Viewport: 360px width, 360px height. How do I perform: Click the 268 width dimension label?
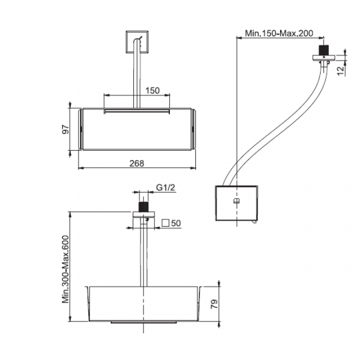click(x=137, y=163)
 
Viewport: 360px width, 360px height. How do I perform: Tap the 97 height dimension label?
click(x=65, y=129)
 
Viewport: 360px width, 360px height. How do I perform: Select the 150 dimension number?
click(x=153, y=91)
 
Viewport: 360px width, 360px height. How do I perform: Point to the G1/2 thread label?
click(x=165, y=187)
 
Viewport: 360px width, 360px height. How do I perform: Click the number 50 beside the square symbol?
click(x=176, y=223)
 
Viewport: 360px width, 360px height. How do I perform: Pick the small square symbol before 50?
click(x=165, y=223)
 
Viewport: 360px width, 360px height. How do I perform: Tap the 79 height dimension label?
click(x=214, y=304)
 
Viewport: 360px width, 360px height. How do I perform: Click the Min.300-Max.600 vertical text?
click(x=65, y=269)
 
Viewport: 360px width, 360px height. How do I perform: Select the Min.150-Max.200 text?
click(x=279, y=33)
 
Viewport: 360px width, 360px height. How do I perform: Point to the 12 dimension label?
click(x=341, y=70)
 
